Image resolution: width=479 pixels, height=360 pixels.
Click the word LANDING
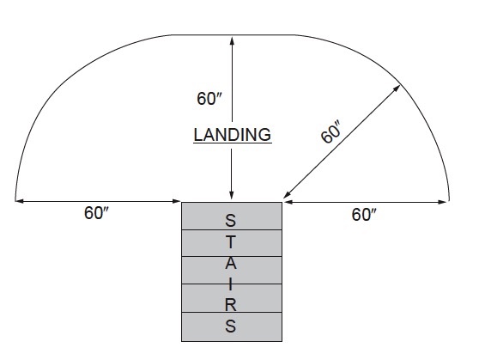[233, 135]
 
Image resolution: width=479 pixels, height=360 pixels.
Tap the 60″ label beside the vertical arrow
[209, 99]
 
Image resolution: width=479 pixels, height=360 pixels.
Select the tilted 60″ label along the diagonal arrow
[330, 131]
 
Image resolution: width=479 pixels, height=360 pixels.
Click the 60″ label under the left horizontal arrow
[96, 213]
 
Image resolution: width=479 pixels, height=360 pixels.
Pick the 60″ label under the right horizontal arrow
[364, 215]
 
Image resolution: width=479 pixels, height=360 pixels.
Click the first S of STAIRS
[231, 220]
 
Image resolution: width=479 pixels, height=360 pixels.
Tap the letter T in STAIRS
[231, 242]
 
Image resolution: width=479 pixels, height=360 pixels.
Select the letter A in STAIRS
[231, 263]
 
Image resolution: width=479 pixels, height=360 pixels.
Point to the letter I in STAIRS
[231, 285]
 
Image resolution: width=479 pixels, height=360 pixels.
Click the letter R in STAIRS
[231, 305]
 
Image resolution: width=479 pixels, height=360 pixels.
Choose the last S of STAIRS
[231, 326]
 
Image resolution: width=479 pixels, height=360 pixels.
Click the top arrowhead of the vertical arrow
[232, 40]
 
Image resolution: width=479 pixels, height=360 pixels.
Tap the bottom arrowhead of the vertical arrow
[232, 195]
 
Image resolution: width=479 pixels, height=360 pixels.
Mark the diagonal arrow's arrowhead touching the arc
[397, 88]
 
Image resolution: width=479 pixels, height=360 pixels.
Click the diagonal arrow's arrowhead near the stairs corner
[288, 194]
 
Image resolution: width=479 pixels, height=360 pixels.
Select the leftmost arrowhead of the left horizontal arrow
[19, 201]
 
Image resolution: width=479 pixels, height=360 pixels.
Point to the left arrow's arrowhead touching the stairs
[177, 201]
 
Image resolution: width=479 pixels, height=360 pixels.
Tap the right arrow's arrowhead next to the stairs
[288, 202]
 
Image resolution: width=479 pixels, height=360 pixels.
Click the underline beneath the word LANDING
[233, 143]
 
